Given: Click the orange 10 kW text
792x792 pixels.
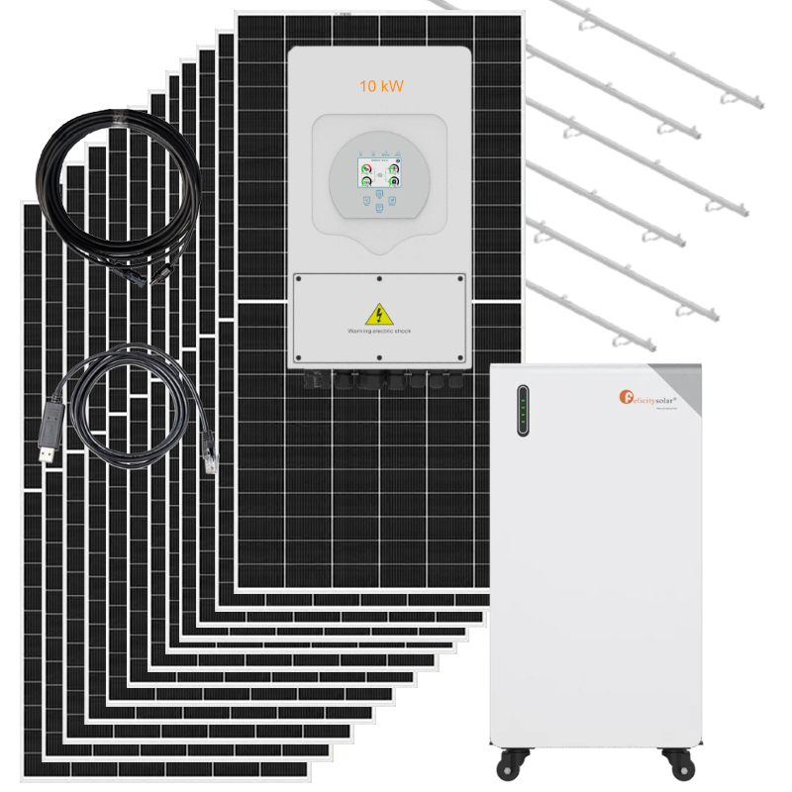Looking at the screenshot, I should coord(380,86).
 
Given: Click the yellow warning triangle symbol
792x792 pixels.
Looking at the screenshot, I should coord(378,315).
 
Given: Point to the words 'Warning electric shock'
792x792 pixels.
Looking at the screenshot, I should coord(378,332).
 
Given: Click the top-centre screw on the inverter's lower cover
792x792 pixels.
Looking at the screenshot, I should coord(378,278).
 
